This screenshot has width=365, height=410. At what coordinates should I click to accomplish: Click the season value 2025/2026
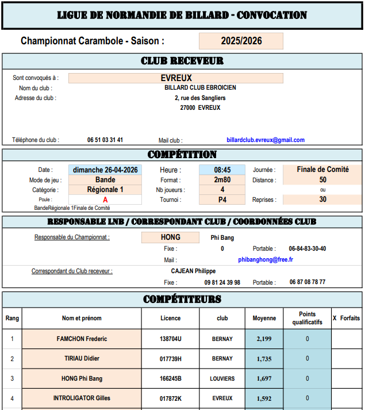pos(241,41)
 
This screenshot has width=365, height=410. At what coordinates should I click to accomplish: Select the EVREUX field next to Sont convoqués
pos(176,78)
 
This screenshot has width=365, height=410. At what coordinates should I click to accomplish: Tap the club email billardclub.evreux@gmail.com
pos(266,140)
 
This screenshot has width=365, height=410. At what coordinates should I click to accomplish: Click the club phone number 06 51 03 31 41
pos(105,140)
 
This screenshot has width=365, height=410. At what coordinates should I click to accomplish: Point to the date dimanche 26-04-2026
pos(105,170)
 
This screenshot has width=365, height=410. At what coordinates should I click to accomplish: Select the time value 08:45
pos(222,170)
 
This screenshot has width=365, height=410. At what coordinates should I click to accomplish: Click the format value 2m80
pos(222,180)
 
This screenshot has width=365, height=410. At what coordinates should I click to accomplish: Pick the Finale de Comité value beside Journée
pos(322,170)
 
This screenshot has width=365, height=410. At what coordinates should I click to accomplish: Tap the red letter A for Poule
pos(105,200)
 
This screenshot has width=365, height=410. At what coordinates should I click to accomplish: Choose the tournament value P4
pos(222,200)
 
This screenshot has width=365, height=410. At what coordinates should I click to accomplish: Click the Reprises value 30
pos(322,200)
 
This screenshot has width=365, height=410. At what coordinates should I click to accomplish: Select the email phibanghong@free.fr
pos(266,260)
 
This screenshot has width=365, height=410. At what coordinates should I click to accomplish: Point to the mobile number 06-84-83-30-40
pos(308,249)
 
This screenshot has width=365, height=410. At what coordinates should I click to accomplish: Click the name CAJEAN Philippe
pos(194,271)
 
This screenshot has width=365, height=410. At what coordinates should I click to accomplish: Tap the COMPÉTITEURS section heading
pos(182,299)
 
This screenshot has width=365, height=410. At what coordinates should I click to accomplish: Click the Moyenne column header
pos(264,318)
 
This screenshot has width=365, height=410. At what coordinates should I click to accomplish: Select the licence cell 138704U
pos(170,339)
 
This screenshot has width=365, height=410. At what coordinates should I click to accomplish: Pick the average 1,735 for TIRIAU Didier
pos(264,359)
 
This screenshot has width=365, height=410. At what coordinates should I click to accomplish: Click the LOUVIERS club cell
pos(222,379)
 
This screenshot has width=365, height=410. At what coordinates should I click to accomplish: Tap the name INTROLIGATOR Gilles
pos(82,398)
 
